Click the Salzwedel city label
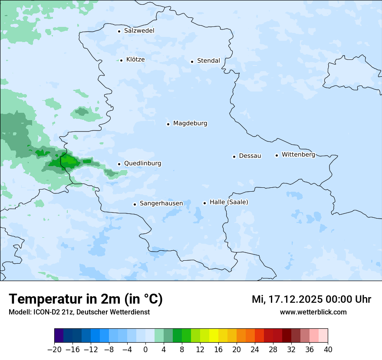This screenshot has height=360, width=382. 139,31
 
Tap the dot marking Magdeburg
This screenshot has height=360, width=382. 168,124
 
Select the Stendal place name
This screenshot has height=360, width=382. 208,61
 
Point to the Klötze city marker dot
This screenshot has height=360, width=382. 122,60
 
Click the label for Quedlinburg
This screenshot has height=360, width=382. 142,164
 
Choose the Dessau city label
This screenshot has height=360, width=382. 250,156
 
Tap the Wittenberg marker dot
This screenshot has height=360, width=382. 277,155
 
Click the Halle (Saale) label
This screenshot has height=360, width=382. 229,202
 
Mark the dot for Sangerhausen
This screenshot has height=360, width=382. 135,204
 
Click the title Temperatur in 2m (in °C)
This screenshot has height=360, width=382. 86,299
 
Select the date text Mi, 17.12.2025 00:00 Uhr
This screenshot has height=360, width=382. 311,299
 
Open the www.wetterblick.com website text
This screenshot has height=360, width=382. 313,312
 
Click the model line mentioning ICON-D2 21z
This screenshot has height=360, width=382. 79,312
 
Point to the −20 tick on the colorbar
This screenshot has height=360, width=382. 54,349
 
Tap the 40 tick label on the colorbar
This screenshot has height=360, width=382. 328,349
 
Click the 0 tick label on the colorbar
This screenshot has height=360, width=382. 145,349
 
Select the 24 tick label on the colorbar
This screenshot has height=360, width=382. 255,349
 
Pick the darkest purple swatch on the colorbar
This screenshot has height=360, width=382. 59,336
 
